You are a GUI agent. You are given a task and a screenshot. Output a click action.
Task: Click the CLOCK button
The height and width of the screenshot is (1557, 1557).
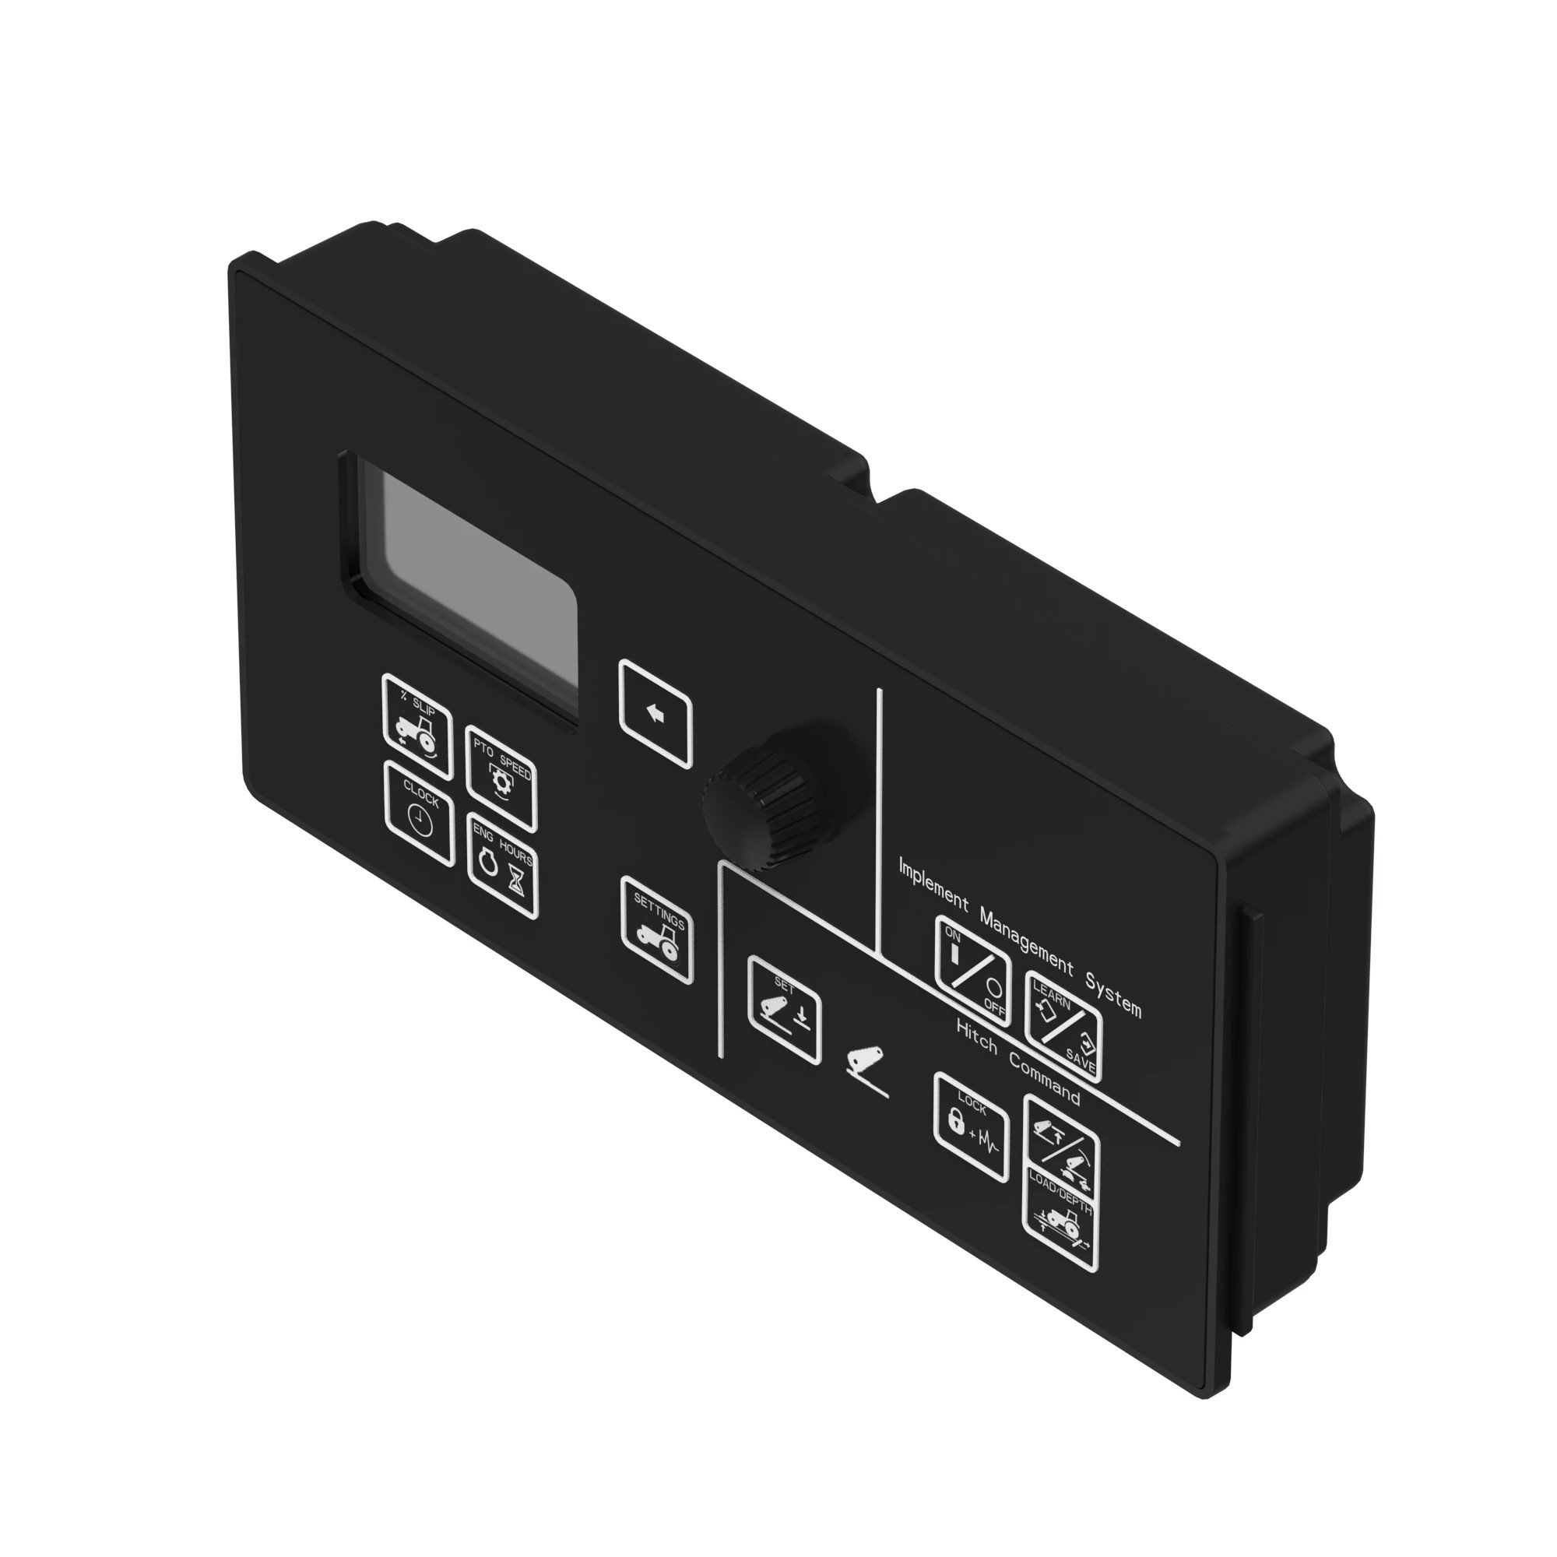[419, 814]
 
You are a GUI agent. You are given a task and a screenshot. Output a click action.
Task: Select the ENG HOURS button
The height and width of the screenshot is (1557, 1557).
[503, 866]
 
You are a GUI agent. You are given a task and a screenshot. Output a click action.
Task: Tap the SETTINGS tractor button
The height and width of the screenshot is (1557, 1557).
[658, 931]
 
